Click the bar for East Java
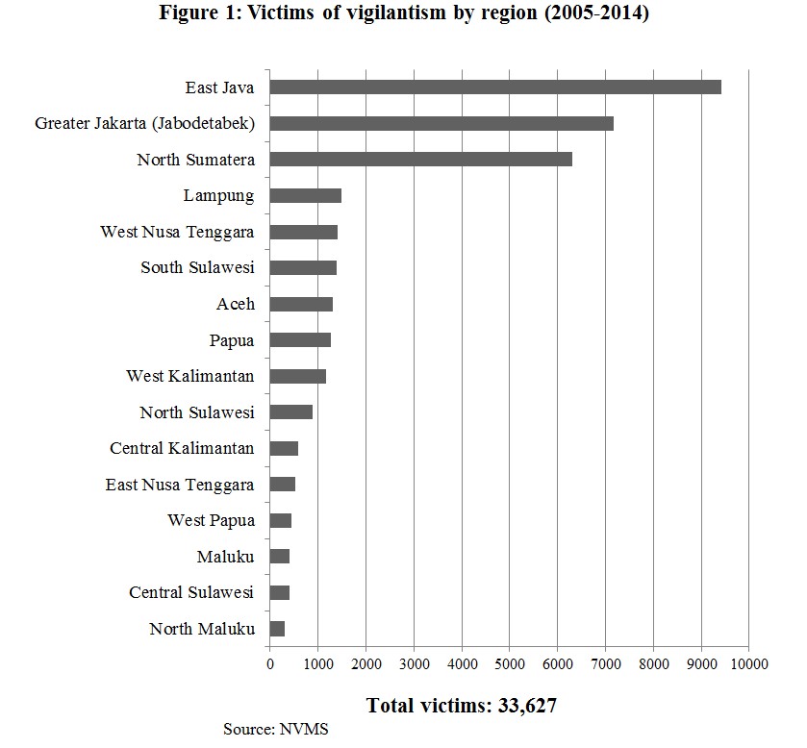tap(495, 87)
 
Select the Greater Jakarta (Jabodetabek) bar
tap(441, 123)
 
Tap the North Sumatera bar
tap(420, 160)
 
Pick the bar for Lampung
tap(305, 196)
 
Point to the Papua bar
tap(300, 339)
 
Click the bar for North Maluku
tap(277, 629)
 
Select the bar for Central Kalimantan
tap(284, 448)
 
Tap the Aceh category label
tap(236, 304)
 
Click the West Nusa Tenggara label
tap(177, 232)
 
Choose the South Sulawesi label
tap(197, 267)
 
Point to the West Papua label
tap(211, 520)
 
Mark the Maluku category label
tap(225, 557)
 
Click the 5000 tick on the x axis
tap(510, 663)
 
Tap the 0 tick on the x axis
tap(269, 663)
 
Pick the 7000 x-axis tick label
tap(605, 663)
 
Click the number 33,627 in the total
tap(527, 706)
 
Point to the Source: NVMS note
tap(276, 729)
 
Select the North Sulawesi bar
tap(290, 412)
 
